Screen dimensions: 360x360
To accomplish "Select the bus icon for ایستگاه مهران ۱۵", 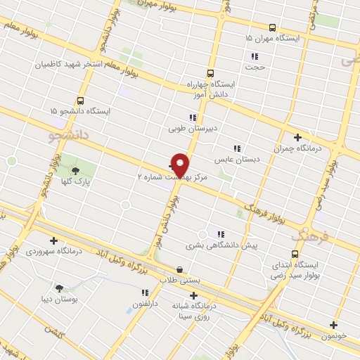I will point(272,28).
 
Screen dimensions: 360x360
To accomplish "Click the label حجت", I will point(255,67).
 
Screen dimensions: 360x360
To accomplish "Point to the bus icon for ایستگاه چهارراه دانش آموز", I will point(210,73).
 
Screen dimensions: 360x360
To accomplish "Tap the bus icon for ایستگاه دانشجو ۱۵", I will point(80,101).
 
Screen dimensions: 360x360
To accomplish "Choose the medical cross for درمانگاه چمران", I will point(297,137).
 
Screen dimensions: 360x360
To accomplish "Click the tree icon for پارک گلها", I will point(75,171).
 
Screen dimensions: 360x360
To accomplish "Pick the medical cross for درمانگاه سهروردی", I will point(53,240).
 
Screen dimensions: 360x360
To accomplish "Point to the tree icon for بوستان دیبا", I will point(58,288).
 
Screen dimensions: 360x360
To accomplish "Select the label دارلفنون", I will point(145,304).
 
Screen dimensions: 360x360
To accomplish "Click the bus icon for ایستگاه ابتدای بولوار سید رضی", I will point(295,255).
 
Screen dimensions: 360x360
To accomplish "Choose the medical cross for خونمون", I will point(333,325).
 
